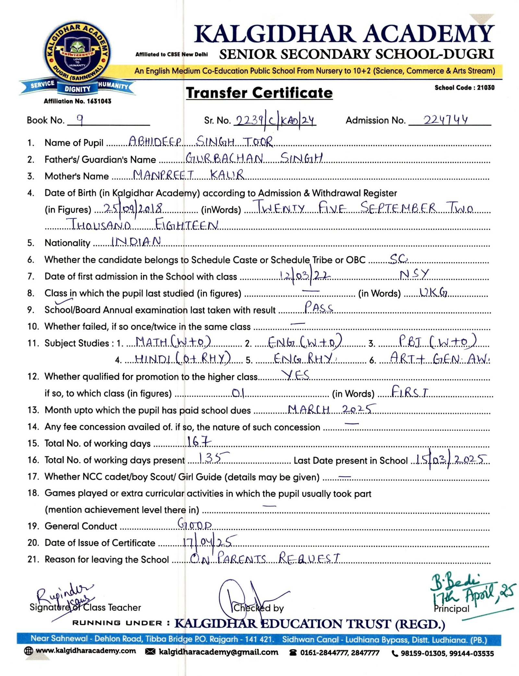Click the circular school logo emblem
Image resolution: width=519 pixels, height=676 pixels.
tap(77, 53)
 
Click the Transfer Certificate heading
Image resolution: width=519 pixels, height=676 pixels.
tap(259, 93)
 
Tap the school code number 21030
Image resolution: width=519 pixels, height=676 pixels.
tap(486, 87)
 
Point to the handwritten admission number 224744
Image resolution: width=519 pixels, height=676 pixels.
tap(446, 120)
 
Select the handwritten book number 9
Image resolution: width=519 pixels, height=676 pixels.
tap(80, 120)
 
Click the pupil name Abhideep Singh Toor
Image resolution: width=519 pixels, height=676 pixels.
tap(200, 141)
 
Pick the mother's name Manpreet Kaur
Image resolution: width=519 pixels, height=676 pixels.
tap(188, 175)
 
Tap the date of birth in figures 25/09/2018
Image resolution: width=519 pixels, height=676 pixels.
tap(133, 208)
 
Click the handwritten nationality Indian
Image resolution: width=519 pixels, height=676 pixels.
tap(136, 241)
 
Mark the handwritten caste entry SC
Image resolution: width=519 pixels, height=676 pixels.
tap(399, 258)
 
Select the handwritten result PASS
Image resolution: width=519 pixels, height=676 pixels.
tap(319, 307)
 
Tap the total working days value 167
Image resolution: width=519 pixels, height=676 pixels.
tap(199, 441)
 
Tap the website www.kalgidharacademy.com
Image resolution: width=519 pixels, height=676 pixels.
tap(85, 651)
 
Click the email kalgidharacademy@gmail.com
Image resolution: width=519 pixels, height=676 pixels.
tap(218, 652)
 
